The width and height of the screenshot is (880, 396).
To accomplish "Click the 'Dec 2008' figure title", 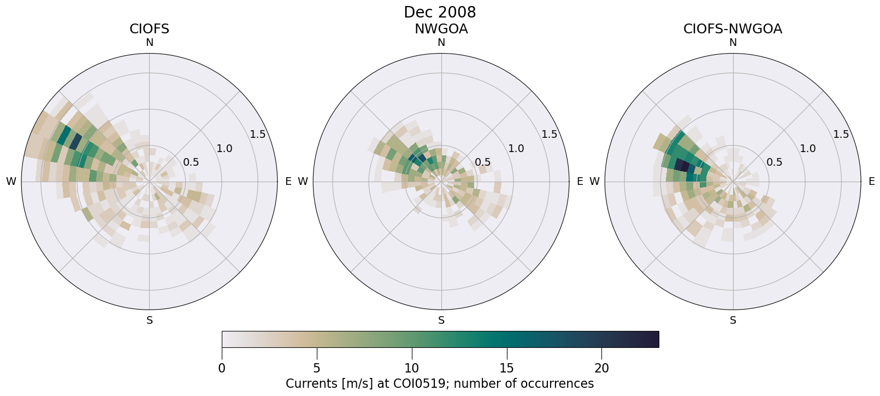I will click(440, 12).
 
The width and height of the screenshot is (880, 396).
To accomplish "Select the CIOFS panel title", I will click(149, 29).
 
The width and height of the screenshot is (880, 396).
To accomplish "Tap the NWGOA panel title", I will click(441, 29).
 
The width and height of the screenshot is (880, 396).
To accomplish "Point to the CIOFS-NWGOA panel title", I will click(733, 29).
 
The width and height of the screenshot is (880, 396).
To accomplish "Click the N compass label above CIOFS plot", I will click(149, 43).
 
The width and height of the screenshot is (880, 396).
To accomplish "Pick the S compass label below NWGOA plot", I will click(441, 321).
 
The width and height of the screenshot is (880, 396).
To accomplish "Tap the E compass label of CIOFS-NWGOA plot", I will click(871, 182).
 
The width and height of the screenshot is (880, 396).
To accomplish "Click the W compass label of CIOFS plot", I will click(11, 182).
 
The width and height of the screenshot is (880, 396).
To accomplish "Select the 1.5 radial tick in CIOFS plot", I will click(257, 135).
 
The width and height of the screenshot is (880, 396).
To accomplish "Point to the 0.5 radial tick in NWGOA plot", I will click(482, 162).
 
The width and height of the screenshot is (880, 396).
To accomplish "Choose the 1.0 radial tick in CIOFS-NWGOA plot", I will click(807, 148).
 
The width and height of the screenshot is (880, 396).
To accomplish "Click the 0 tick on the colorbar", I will click(222, 369).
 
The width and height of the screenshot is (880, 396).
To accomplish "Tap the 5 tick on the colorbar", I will click(316, 369).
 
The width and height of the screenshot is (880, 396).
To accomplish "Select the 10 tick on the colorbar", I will click(411, 369).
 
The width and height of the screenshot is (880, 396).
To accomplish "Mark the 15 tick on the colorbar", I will click(506, 369).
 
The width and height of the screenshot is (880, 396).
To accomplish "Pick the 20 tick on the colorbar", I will click(601, 369).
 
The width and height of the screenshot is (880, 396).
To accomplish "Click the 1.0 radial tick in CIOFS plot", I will click(224, 148).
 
